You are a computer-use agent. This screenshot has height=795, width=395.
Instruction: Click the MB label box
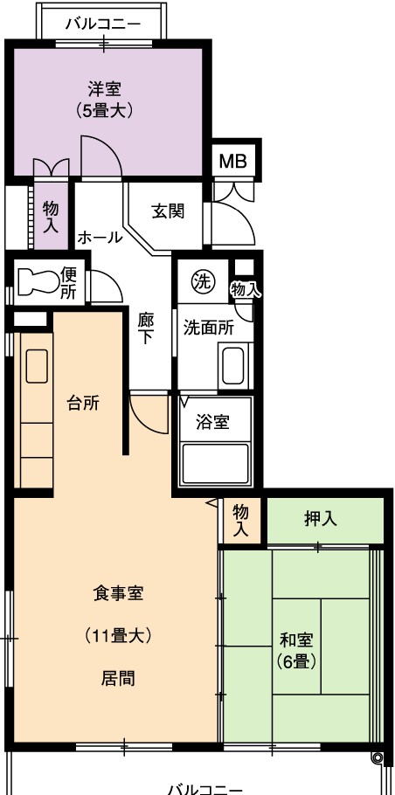tap(232, 161)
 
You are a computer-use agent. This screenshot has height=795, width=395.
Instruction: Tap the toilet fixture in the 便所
tap(38, 281)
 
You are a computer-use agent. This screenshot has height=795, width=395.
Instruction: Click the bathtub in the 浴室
tap(216, 463)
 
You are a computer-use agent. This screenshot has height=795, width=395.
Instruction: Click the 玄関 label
tap(168, 211)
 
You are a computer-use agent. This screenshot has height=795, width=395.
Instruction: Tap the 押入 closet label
tap(321, 519)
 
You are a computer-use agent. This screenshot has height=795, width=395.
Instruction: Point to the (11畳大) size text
tap(118, 635)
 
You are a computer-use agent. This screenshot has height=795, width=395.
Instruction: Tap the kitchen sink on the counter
tap(37, 365)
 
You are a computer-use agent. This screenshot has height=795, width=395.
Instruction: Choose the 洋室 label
tap(104, 90)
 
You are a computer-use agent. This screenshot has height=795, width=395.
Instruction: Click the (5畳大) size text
tap(104, 110)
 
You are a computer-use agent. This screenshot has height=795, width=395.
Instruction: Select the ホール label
tap(100, 237)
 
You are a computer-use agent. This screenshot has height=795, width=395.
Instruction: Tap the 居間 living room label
tap(119, 678)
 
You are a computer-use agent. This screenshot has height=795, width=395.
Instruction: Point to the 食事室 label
tap(118, 592)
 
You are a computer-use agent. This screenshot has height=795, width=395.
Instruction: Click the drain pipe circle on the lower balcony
tap(378, 757)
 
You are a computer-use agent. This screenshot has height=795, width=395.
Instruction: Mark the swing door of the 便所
tap(107, 287)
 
